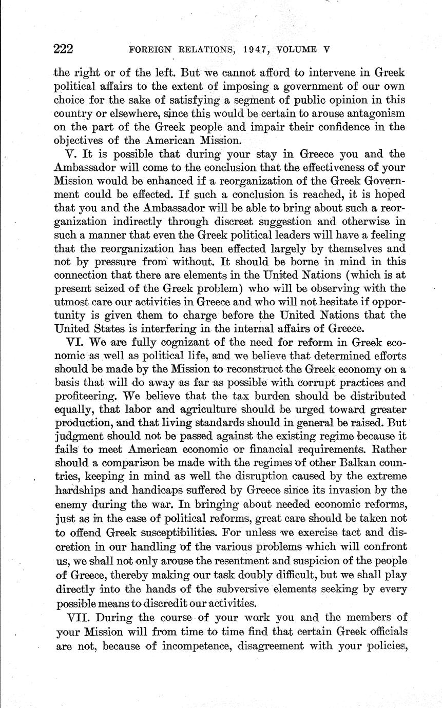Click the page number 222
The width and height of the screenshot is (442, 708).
[64, 49]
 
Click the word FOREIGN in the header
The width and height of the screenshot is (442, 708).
[149, 50]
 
